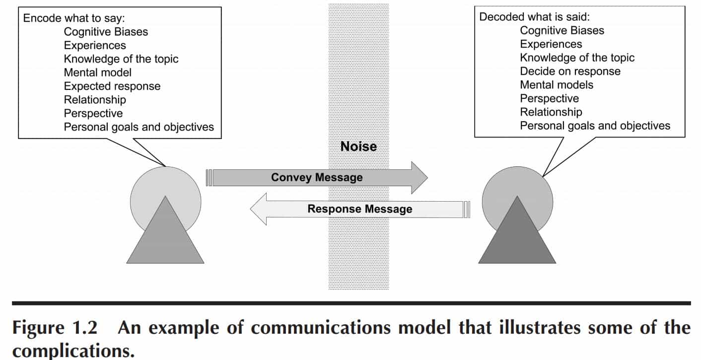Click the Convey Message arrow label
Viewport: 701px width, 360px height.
click(x=317, y=177)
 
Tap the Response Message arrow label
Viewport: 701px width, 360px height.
click(x=359, y=209)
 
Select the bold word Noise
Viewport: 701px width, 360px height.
click(x=358, y=146)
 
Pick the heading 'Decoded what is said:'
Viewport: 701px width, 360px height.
click(x=534, y=16)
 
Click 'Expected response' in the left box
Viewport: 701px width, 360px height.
click(x=112, y=86)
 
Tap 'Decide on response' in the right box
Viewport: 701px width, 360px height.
click(x=570, y=71)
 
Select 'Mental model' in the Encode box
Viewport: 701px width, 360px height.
click(x=98, y=72)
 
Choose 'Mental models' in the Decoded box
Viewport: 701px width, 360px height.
click(x=557, y=84)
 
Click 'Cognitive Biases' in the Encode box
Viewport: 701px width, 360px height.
click(x=106, y=32)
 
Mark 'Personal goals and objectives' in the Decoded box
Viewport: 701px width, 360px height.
click(x=595, y=126)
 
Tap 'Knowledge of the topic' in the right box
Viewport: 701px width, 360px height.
click(x=577, y=58)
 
